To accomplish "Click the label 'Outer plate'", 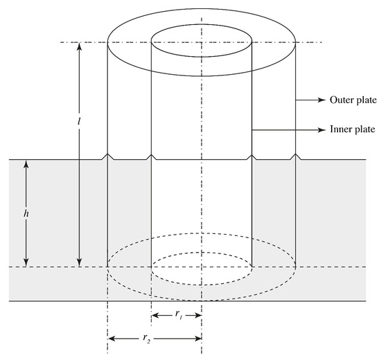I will (x=351, y=100).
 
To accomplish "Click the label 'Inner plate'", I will (x=351, y=129).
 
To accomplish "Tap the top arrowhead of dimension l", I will (x=80, y=46).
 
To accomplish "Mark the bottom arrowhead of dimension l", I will (x=80, y=264).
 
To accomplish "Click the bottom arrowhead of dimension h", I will (x=26, y=264).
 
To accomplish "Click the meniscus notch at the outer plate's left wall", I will (x=107, y=157).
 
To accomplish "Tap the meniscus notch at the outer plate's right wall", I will (x=296, y=157).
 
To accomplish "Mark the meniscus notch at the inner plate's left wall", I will (x=151, y=157).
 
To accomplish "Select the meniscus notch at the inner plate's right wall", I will (x=251, y=157).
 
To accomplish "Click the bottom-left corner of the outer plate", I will (x=107, y=267).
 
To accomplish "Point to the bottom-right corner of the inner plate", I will (x=251, y=267).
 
